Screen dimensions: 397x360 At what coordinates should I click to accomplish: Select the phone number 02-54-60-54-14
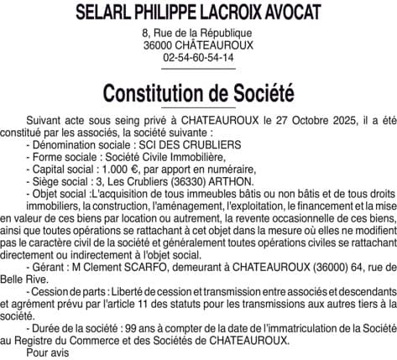click(x=198, y=56)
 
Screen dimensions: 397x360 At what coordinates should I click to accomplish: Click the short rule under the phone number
click(x=198, y=69)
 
